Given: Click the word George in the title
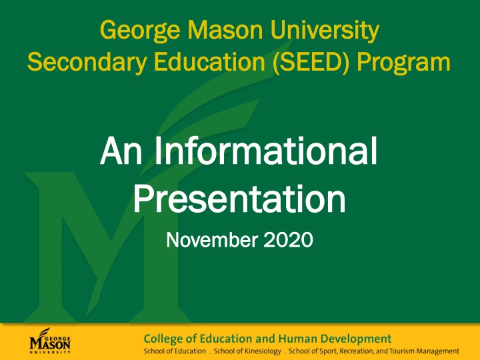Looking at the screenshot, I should point(133,30).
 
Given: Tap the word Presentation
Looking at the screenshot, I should point(240,198).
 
